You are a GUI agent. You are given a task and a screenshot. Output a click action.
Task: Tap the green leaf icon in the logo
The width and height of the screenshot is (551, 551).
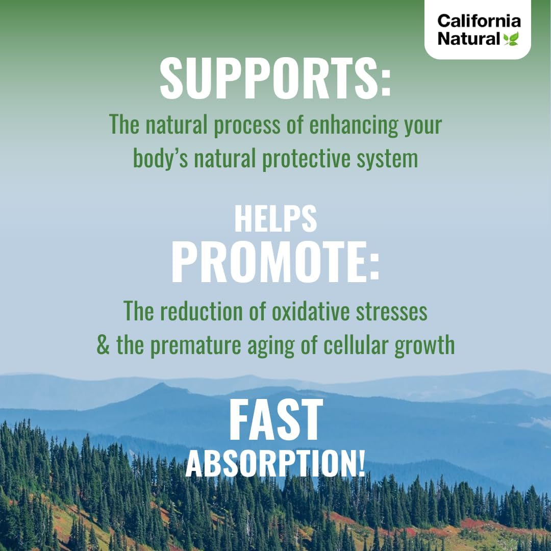click(x=511, y=39)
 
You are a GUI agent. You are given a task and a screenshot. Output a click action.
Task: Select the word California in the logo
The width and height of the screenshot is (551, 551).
click(x=479, y=21)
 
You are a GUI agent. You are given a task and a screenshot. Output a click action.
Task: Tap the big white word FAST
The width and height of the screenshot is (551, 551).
click(x=275, y=420)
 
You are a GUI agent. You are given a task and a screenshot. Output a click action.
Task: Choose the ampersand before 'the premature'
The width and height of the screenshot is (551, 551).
click(x=104, y=345)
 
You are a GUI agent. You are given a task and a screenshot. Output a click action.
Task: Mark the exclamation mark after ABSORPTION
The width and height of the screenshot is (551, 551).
click(x=361, y=463)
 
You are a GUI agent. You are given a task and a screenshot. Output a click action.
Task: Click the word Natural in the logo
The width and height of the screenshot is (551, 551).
click(x=469, y=39)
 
